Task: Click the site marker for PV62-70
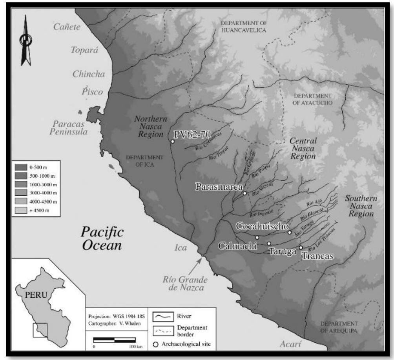point(172,141)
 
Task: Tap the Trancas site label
point(317,256)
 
